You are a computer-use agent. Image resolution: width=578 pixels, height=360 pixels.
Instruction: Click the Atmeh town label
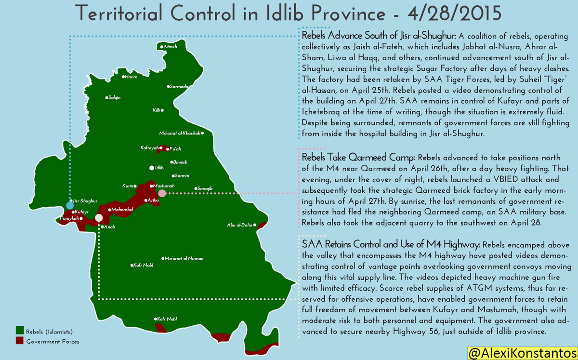(171, 47)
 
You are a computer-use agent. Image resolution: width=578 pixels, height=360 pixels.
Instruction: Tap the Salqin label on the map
(115, 98)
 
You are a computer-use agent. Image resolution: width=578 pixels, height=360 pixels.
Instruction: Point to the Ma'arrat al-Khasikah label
(180, 133)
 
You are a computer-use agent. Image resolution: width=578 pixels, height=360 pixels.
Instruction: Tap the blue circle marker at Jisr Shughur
(70, 206)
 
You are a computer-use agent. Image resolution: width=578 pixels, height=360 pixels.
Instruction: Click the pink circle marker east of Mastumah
(162, 193)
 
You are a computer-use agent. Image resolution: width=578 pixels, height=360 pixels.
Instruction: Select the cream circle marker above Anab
(99, 218)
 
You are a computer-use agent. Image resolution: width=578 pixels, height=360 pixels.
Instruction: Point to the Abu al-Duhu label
(240, 225)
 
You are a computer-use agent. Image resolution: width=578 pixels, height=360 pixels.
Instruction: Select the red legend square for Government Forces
(20, 341)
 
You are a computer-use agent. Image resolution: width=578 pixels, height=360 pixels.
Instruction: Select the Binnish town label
(180, 162)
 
